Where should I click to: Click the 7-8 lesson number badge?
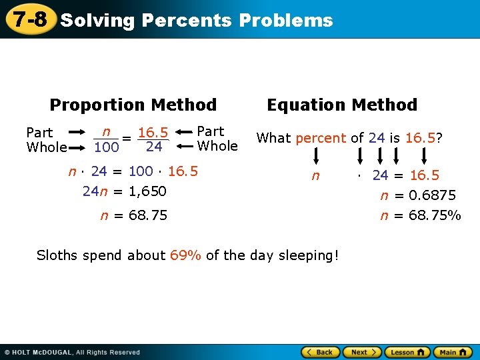pyautogui.click(x=29, y=19)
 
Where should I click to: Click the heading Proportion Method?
pyautogui.click(x=133, y=105)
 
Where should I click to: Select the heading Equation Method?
pyautogui.click(x=342, y=105)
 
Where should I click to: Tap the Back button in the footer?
pyautogui.click(x=320, y=352)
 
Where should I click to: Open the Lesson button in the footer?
pyautogui.click(x=407, y=352)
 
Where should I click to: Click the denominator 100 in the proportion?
pyautogui.click(x=106, y=147)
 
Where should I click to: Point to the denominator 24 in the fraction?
pyautogui.click(x=154, y=147)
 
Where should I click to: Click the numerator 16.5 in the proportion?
pyautogui.click(x=153, y=133)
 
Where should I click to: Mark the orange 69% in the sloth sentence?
pyautogui.click(x=186, y=255)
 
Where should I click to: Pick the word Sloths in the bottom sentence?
pyautogui.click(x=57, y=255)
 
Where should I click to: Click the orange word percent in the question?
pyautogui.click(x=321, y=139)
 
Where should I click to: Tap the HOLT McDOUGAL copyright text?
pyautogui.click(x=73, y=352)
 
